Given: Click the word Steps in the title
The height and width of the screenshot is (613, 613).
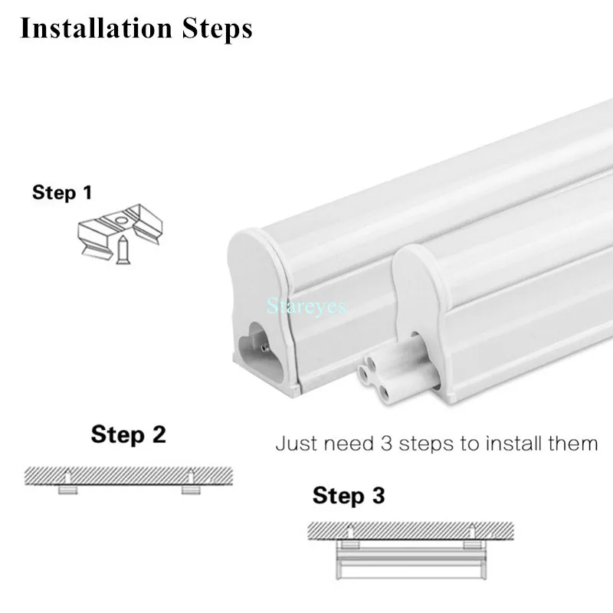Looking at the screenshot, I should coord(218,29).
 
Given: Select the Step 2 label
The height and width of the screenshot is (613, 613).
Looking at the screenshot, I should coord(128,434).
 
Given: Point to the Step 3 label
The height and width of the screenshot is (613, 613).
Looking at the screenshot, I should coord(349,496).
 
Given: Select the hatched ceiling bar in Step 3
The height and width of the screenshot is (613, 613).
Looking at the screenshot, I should coord(409,530).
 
